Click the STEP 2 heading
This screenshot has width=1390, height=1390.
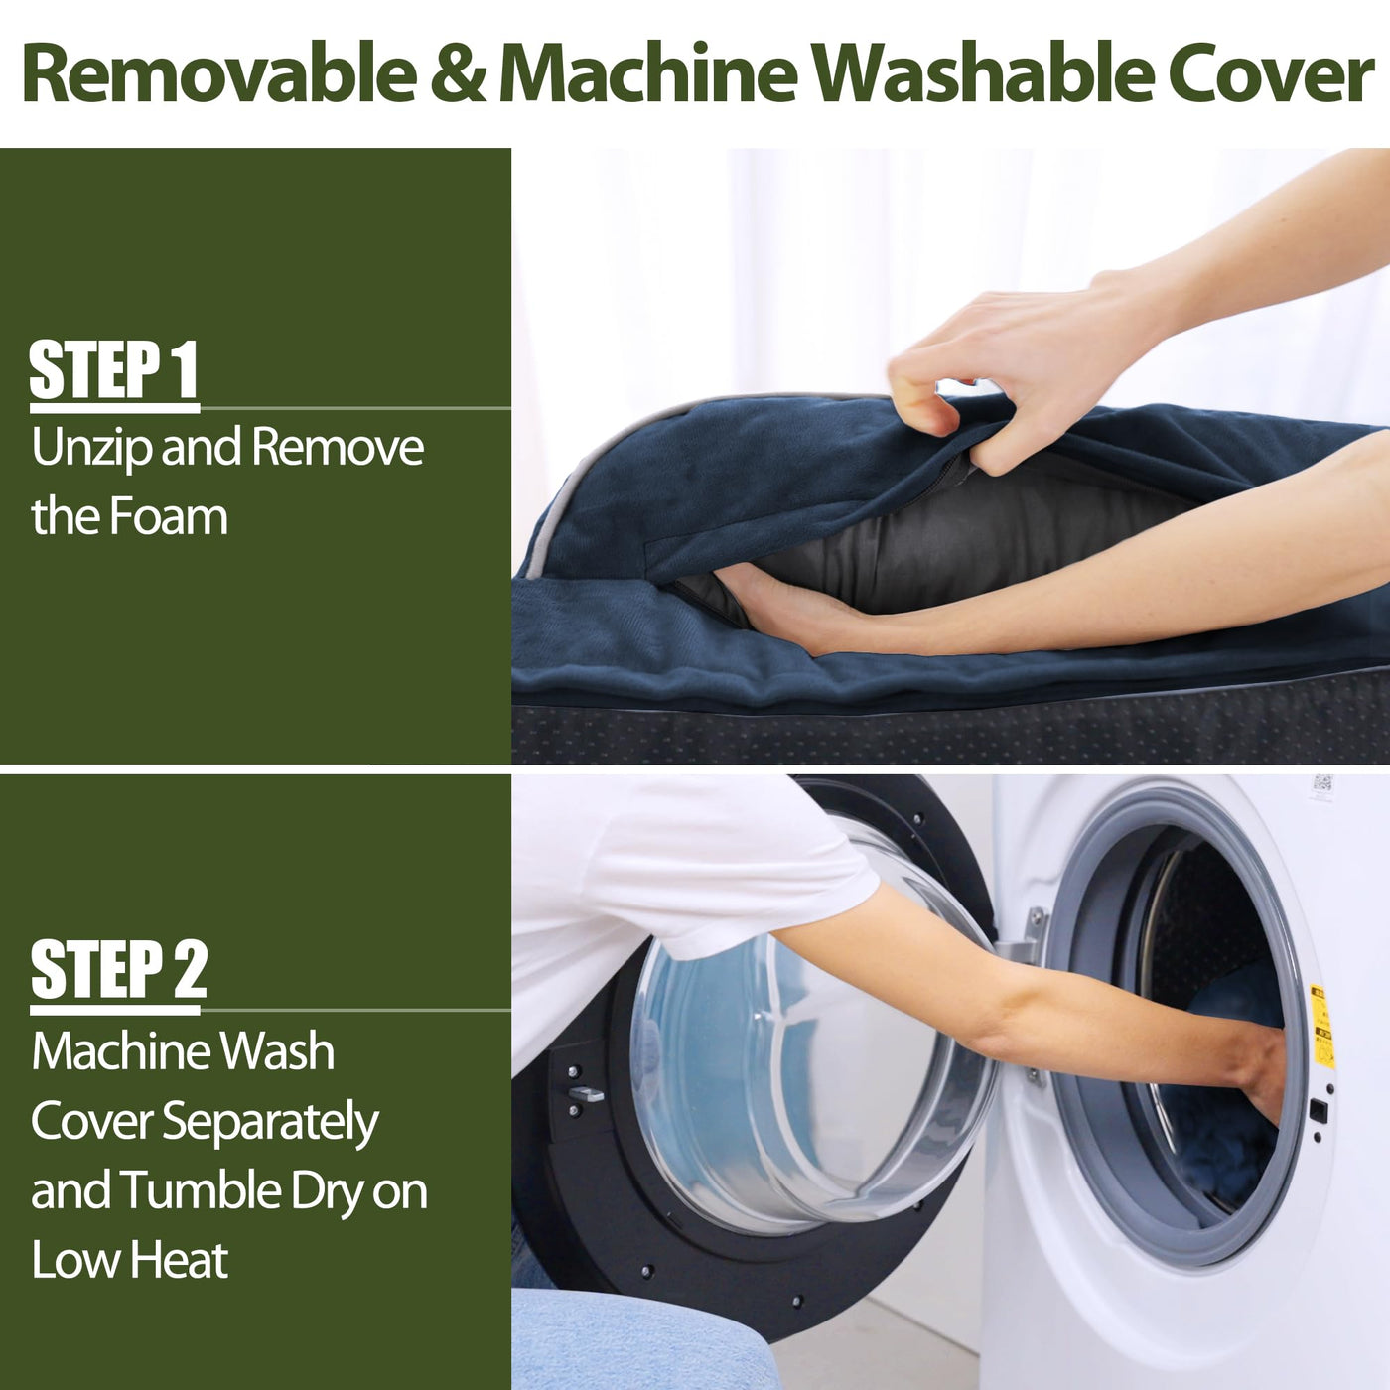coord(119,969)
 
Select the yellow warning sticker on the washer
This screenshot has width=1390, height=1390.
coord(1321,1026)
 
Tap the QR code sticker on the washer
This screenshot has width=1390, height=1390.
coord(1321,787)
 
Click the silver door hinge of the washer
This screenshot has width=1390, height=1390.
coord(1026,937)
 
